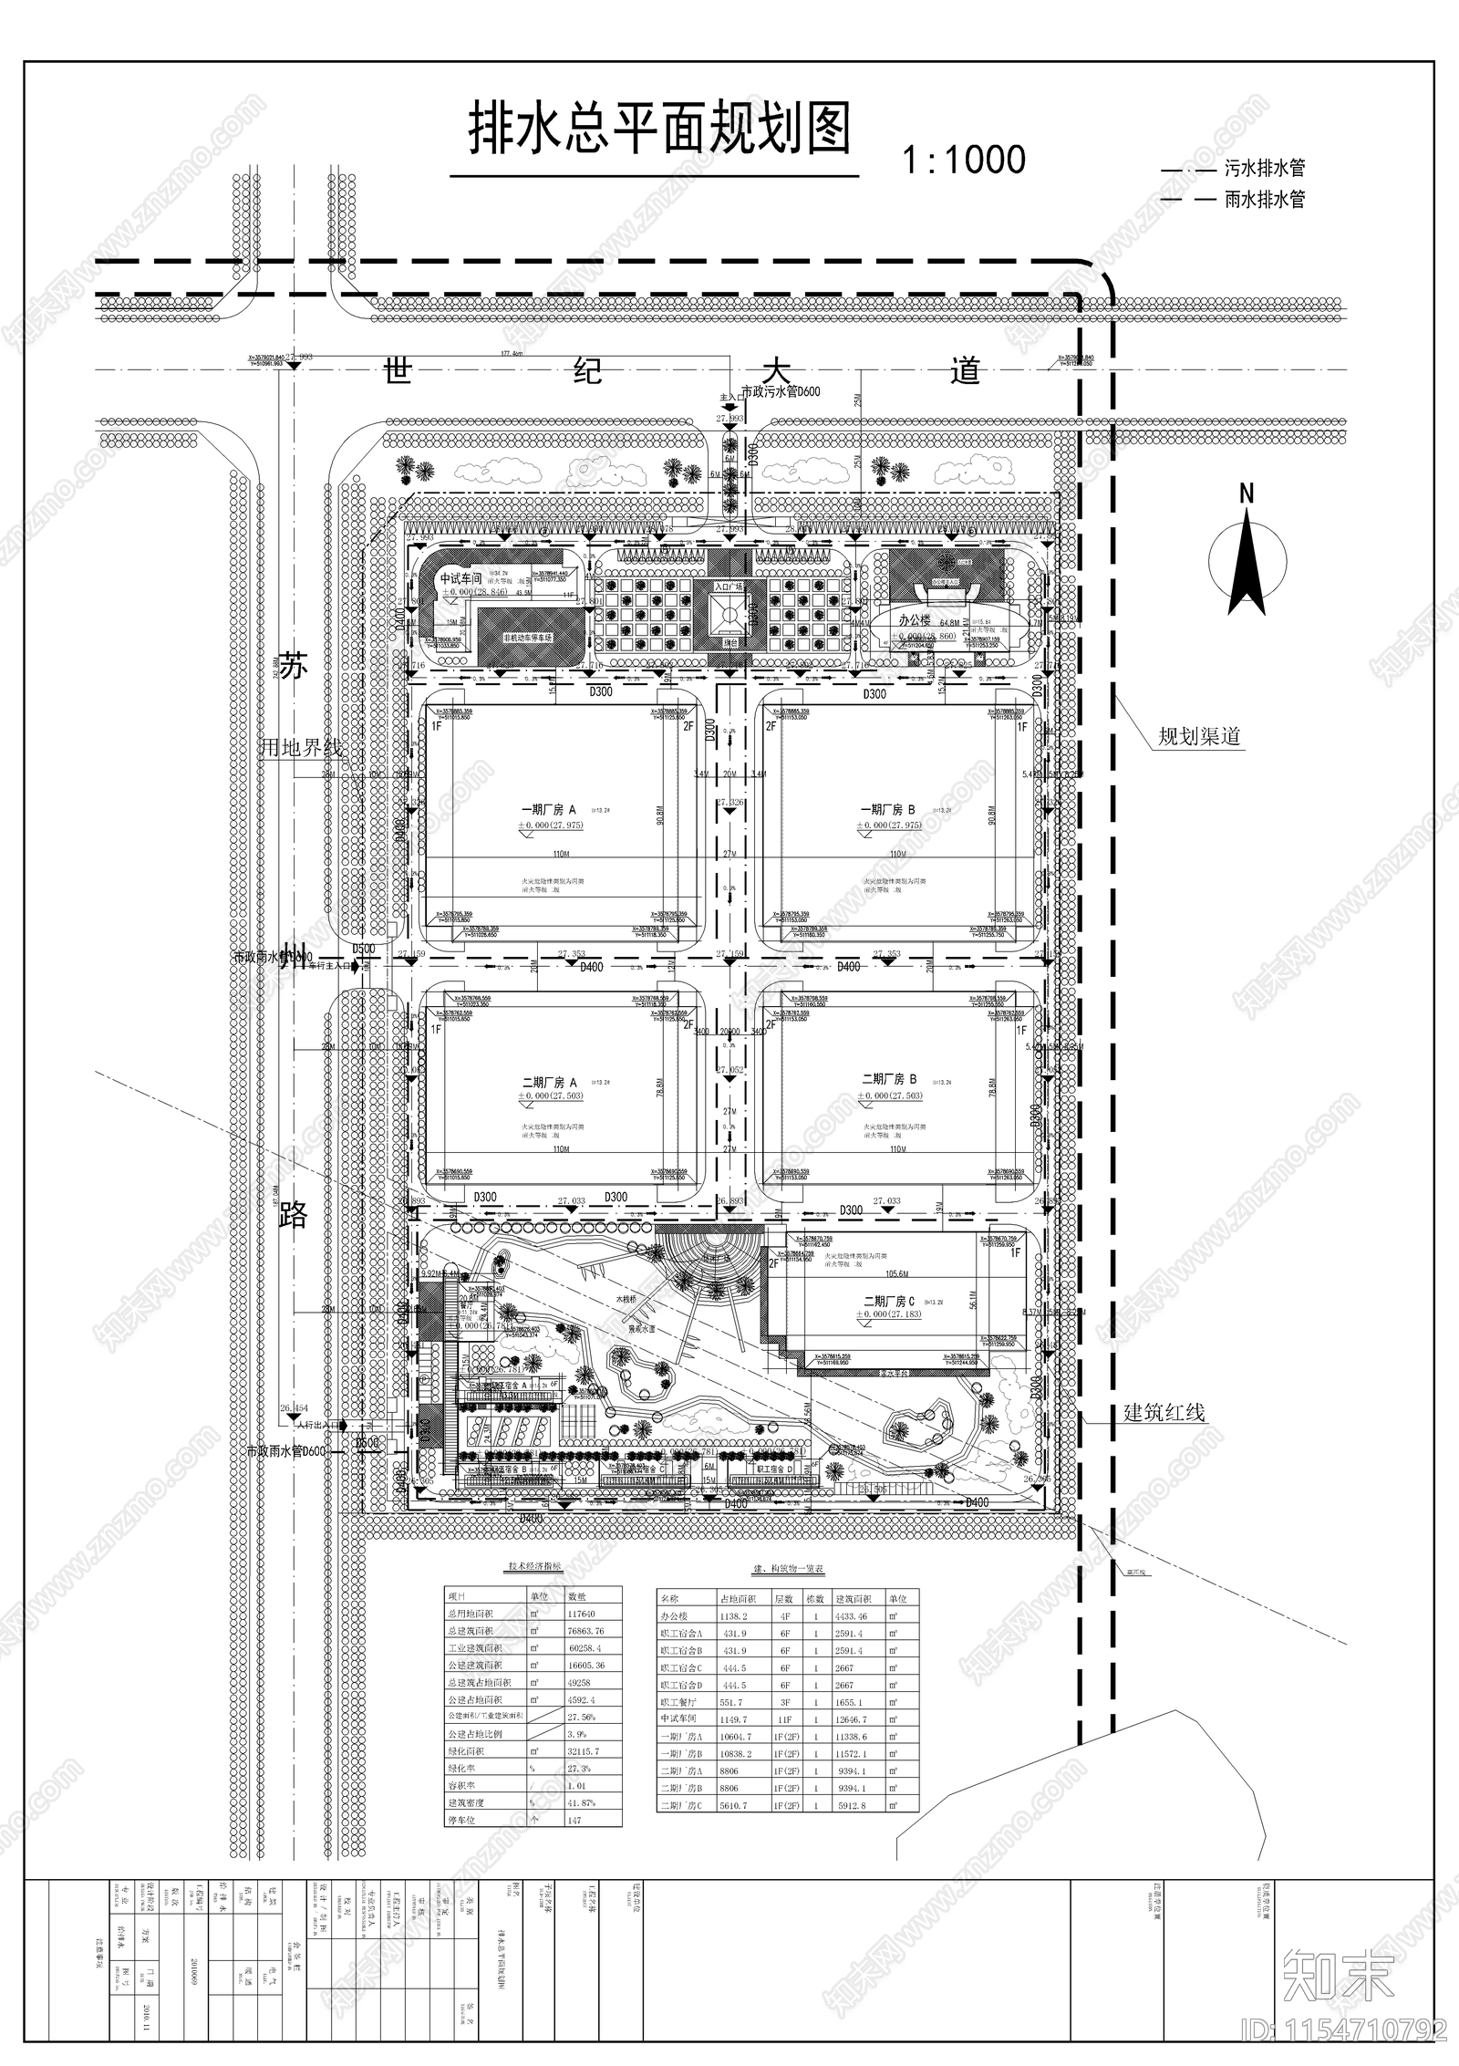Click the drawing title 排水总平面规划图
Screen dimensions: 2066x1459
click(x=658, y=130)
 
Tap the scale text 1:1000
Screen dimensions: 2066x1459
click(x=964, y=161)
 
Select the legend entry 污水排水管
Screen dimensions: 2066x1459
click(x=1264, y=169)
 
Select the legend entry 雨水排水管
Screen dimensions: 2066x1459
click(x=1264, y=199)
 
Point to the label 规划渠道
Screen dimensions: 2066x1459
click(x=1199, y=736)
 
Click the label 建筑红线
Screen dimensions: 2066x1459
click(x=1164, y=1413)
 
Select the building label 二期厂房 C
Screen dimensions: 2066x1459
click(x=888, y=1301)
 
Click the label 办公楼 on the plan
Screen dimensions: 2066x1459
click(x=915, y=619)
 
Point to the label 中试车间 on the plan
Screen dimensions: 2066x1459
click(x=460, y=579)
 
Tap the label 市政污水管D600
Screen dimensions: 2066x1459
click(x=781, y=392)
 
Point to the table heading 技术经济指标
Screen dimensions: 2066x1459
click(x=534, y=1567)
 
